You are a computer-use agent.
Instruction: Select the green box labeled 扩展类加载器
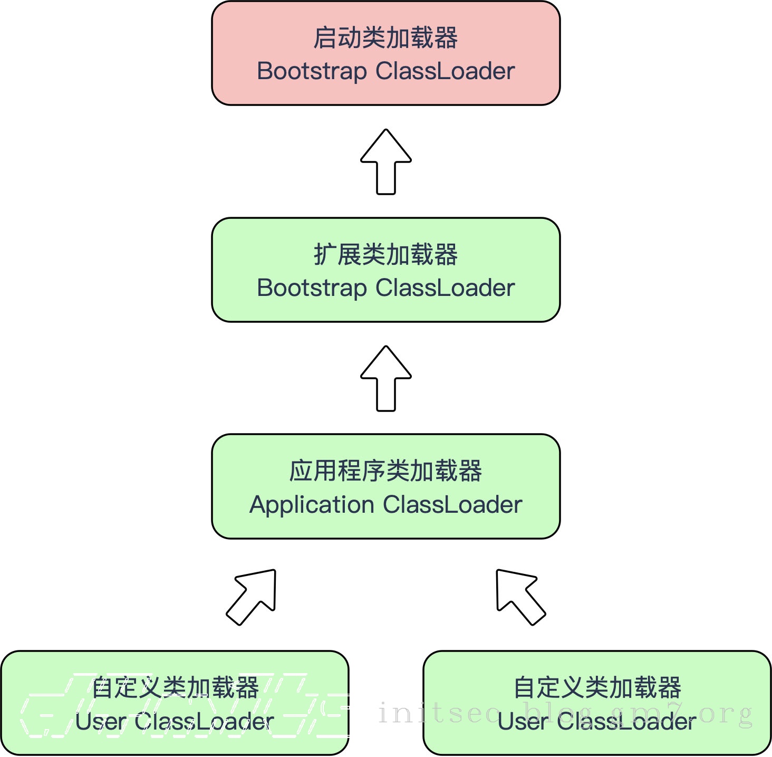(385, 270)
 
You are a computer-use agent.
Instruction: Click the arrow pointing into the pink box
(386, 161)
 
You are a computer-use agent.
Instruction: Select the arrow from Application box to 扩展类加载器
(386, 378)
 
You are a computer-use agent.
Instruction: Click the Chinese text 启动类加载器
(385, 38)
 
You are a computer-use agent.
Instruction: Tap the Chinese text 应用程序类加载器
(385, 471)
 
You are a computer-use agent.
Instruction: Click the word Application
(312, 505)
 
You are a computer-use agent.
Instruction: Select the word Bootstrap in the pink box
(312, 71)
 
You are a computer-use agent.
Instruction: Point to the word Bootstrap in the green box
(312, 288)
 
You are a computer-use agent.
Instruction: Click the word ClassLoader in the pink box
(445, 71)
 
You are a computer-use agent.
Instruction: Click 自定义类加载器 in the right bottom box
(597, 688)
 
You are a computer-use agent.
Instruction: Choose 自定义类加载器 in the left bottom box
(175, 688)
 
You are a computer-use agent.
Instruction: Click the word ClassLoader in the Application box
(452, 505)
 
